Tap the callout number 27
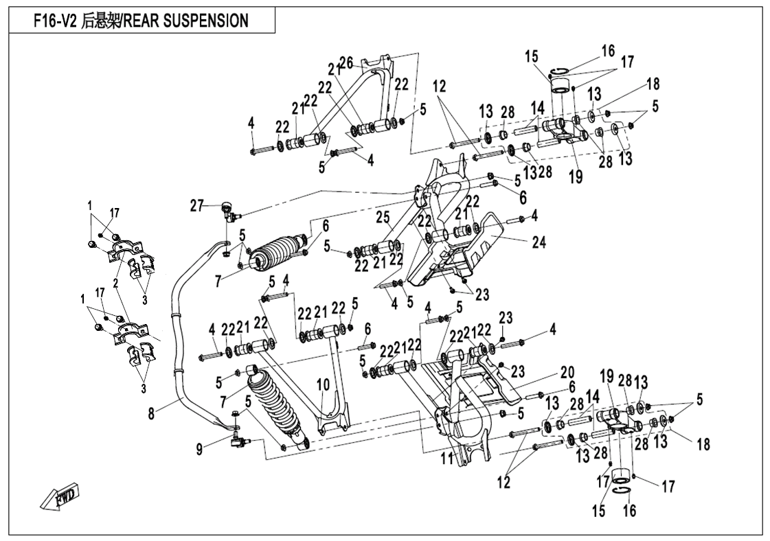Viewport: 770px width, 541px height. [198, 204]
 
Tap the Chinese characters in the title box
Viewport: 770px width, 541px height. [105, 21]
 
